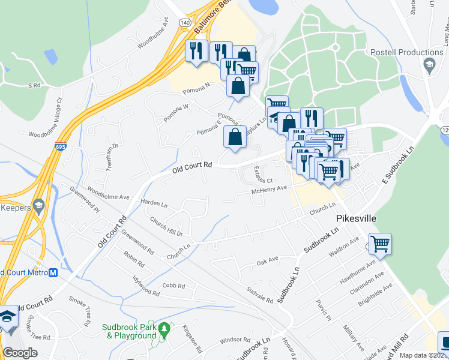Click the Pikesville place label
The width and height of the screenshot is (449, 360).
pyautogui.click(x=357, y=219)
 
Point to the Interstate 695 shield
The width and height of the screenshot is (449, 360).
pyautogui.click(x=64, y=146)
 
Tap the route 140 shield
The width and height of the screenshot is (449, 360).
pyautogui.click(x=185, y=22)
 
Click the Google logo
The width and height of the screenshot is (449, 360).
pyautogui.click(x=20, y=353)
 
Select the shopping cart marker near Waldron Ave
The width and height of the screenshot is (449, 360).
pyautogui.click(x=380, y=245)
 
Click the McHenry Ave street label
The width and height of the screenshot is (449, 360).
pyautogui.click(x=270, y=190)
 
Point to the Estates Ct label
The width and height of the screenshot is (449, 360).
pyautogui.click(x=263, y=175)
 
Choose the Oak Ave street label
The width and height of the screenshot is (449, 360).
pyautogui.click(x=268, y=260)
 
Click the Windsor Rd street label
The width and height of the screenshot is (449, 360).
pyautogui.click(x=231, y=340)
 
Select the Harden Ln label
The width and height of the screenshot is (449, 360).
pyautogui.click(x=154, y=203)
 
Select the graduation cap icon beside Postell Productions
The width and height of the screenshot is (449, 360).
pyautogui.click(x=429, y=65)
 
